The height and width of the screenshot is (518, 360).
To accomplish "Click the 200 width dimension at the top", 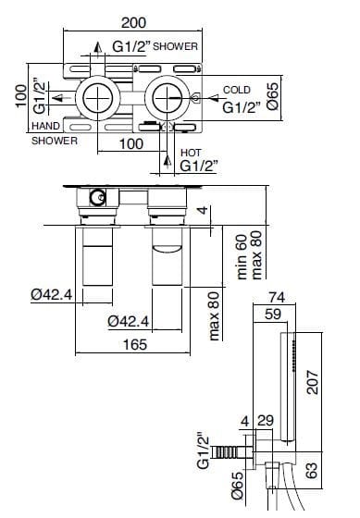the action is (133, 23).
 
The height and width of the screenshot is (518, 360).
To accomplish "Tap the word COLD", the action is (237, 90).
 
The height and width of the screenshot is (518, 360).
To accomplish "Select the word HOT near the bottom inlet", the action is (191, 153).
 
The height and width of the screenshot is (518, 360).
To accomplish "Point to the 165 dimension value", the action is (135, 344).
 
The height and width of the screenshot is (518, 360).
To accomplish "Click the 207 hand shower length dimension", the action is (312, 382).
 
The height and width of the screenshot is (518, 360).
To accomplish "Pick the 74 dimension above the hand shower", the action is (277, 297).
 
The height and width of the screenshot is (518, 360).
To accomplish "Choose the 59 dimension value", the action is (273, 314).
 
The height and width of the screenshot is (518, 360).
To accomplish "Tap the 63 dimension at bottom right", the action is (312, 470).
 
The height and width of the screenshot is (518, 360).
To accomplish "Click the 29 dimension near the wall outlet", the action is (266, 421).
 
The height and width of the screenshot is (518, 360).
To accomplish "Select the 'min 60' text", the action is (242, 257).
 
